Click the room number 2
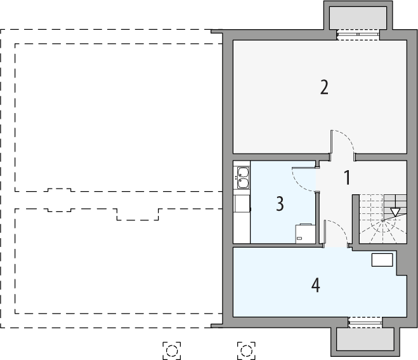324,87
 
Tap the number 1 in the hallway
347,178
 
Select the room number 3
280,204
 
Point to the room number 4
315,286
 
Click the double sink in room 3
242,177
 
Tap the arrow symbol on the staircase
396,212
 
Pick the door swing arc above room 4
336,231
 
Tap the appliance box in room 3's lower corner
305,233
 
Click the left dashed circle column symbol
171,349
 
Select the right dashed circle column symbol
246,349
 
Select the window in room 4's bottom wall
365,323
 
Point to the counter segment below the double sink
242,204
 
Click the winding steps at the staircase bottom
383,232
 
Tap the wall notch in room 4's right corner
402,263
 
